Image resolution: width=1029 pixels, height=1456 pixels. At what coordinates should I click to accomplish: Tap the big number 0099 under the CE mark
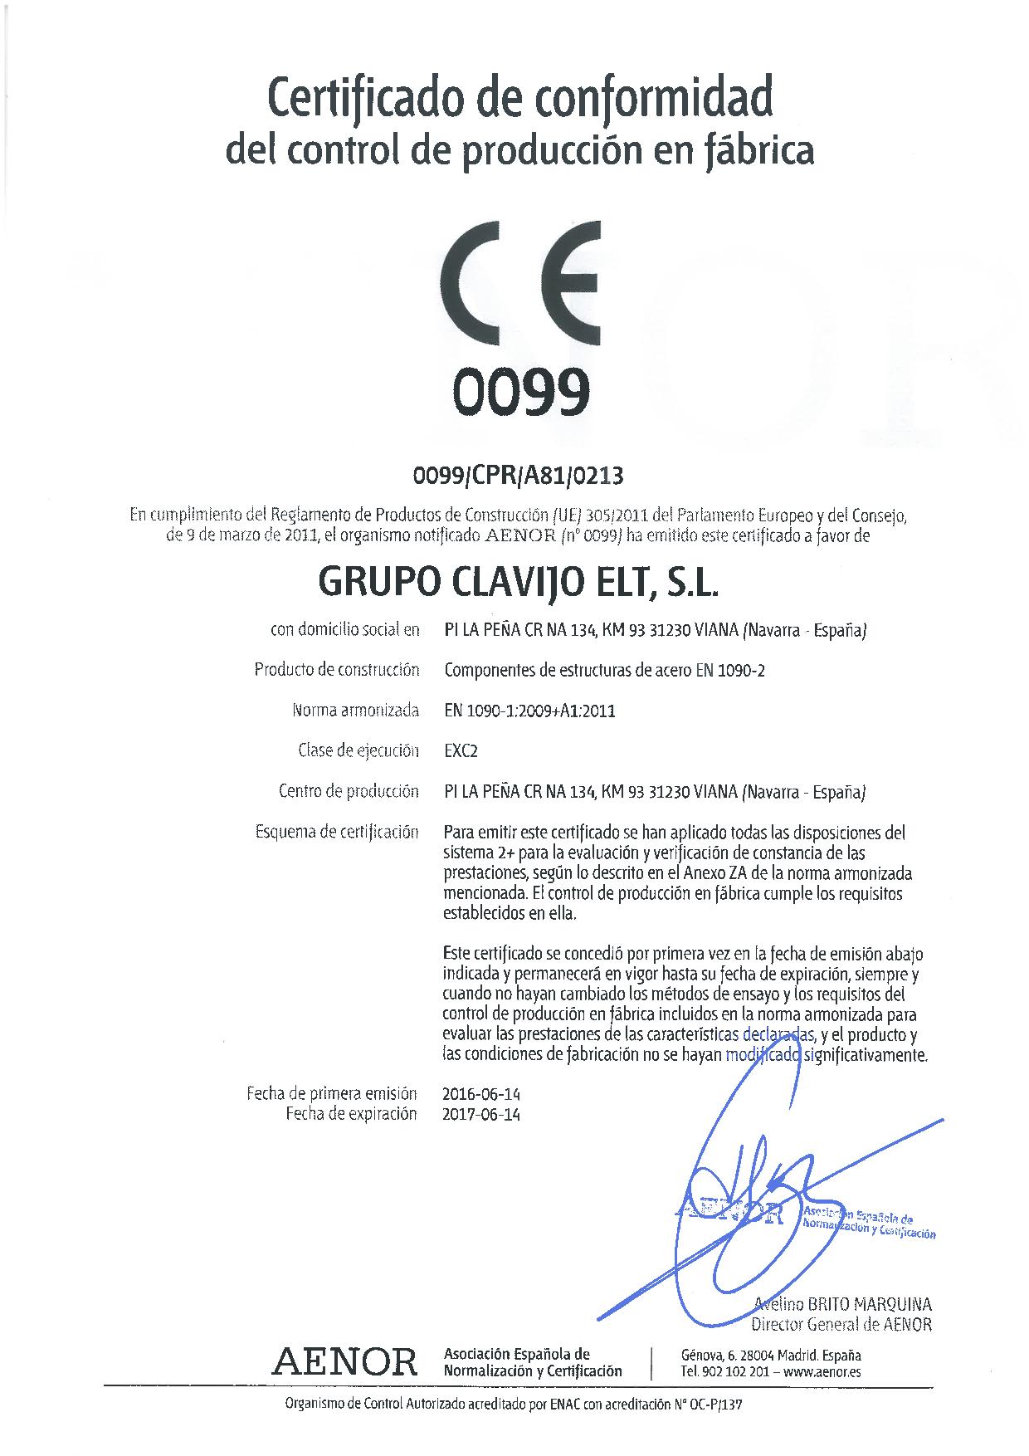[x=520, y=392]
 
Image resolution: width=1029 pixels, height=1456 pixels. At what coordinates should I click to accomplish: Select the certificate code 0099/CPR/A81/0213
[x=518, y=476]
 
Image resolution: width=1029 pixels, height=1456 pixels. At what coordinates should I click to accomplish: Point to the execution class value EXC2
[x=461, y=751]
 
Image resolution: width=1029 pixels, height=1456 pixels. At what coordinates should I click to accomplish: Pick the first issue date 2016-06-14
[x=482, y=1094]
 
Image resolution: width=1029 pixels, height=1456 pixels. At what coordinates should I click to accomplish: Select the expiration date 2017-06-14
[x=482, y=1115]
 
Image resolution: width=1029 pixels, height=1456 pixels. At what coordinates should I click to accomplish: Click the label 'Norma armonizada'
[x=355, y=711]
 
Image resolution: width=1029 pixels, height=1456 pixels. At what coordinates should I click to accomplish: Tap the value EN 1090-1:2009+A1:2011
[x=529, y=711]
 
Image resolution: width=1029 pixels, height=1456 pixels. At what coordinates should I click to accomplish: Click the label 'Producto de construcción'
[x=337, y=670]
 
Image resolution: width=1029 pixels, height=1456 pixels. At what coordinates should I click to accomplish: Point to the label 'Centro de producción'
[x=349, y=791]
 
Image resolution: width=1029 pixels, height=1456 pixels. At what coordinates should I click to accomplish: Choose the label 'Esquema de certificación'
[x=337, y=832]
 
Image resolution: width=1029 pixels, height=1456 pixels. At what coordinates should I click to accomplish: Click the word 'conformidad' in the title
[x=654, y=98]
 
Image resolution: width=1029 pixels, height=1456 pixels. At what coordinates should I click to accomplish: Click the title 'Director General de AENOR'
[x=841, y=1325]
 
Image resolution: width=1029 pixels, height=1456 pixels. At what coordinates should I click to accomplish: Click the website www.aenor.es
[x=822, y=1372]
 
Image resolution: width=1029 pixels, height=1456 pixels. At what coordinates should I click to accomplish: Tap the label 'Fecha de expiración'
[x=351, y=1115]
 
